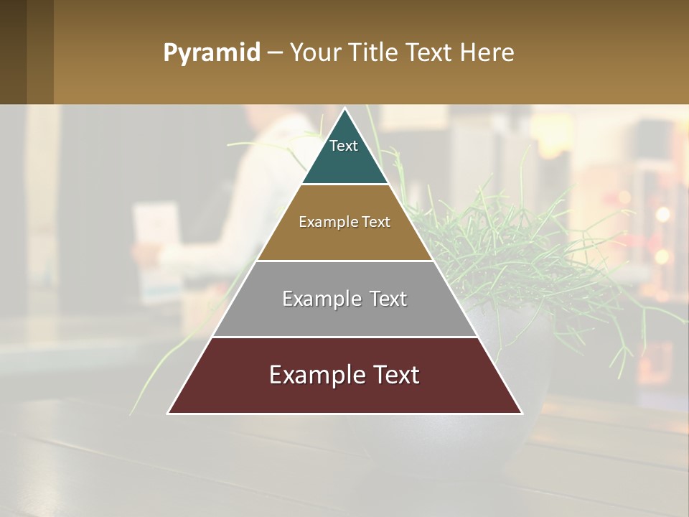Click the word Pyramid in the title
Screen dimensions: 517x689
212,52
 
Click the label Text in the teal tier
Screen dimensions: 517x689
344,146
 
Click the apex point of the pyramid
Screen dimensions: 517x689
345,109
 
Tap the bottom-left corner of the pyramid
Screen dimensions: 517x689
169,413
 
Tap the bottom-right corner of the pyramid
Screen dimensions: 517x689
521,413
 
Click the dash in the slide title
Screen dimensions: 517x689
274,53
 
